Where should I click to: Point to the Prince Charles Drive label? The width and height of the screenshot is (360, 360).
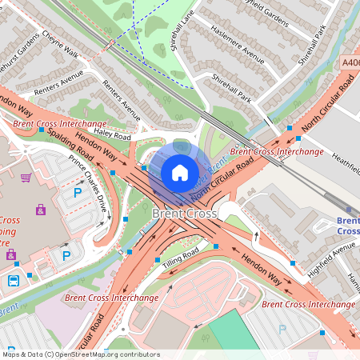click(88, 183)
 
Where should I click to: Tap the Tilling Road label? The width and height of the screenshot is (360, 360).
click(180, 258)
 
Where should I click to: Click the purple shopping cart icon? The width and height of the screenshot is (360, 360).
click(26, 178)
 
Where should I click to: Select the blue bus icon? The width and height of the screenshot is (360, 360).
click(14, 281)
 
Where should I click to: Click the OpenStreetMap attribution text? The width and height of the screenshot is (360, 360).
click(80, 354)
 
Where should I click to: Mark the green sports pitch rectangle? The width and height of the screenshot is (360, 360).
click(234, 331)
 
